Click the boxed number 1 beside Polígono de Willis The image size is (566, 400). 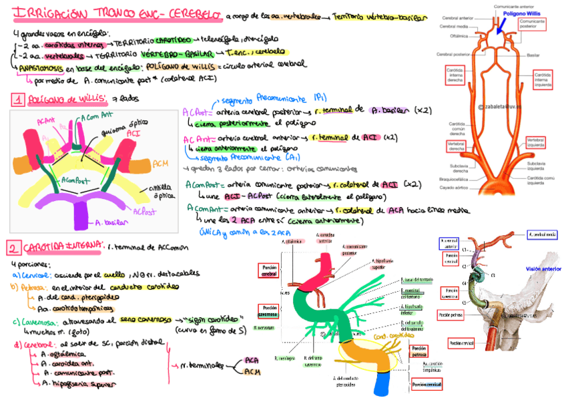click(x=17, y=99)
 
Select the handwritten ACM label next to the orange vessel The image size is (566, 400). click(x=160, y=163)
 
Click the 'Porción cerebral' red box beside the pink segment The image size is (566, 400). click(x=270, y=270)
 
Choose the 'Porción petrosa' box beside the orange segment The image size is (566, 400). click(x=418, y=352)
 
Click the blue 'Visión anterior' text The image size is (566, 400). click(x=543, y=268)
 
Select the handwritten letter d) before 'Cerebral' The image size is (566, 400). click(x=17, y=345)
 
